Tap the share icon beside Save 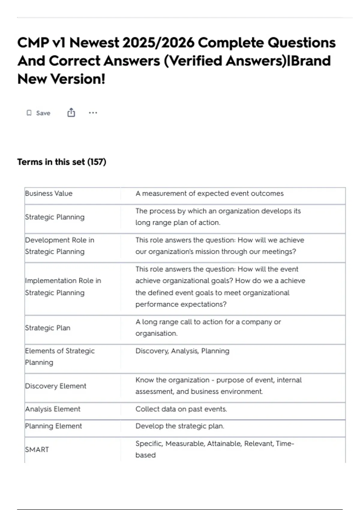point(71,113)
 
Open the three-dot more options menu point(93,113)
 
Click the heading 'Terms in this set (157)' point(61,162)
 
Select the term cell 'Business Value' point(49,193)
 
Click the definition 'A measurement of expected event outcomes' point(209,193)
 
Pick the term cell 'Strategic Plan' point(48,328)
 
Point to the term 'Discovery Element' point(55,386)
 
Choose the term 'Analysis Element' point(53,409)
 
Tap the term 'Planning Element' point(53,426)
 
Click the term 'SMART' point(37,450)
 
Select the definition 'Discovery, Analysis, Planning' point(182,351)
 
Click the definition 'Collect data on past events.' point(181,409)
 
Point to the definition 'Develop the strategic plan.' point(180,426)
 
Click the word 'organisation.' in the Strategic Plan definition point(156,334)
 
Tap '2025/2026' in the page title point(158,43)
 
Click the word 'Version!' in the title point(78,79)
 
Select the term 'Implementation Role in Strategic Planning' point(63,286)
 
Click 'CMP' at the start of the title point(33,43)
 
